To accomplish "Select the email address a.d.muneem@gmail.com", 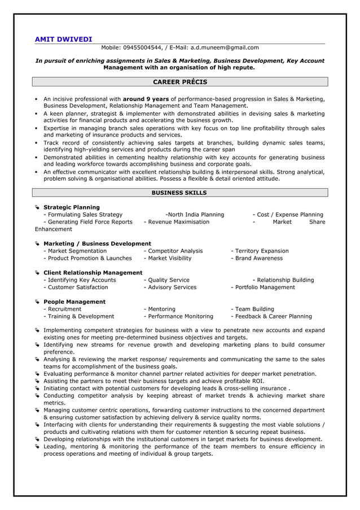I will (x=224, y=48).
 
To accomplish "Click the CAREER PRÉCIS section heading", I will (x=180, y=82).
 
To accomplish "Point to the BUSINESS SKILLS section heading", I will (x=179, y=193).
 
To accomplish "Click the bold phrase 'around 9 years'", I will (x=146, y=99).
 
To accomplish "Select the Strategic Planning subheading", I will (x=72, y=207).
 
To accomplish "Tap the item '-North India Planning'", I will (x=195, y=215).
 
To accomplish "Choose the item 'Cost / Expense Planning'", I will (x=289, y=215).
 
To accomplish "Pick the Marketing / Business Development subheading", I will (x=97, y=243).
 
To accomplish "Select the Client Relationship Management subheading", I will (x=93, y=273).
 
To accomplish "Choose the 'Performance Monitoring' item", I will (x=179, y=316).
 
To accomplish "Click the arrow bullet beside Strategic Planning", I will (x=37, y=207).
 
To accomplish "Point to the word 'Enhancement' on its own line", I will (x=54, y=229).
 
